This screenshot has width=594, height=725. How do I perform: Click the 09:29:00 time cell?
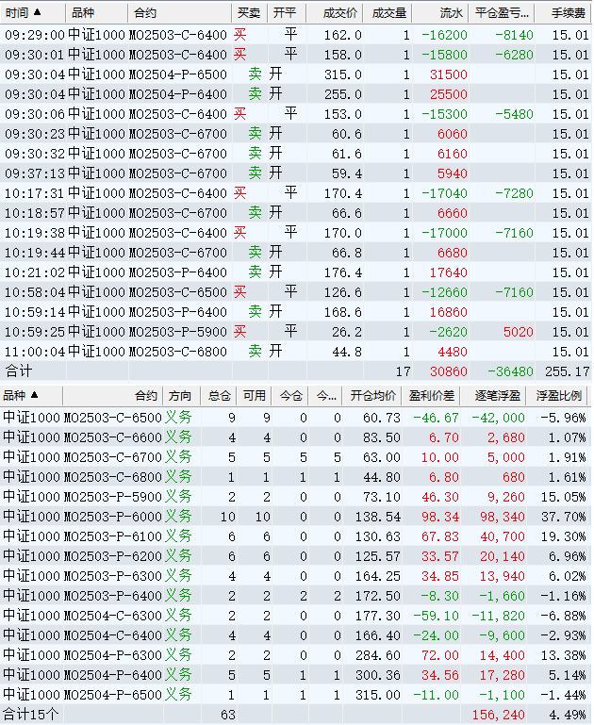coord(34,35)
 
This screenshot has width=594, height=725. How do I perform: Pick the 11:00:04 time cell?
coord(34,352)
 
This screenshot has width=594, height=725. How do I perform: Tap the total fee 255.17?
coord(568,371)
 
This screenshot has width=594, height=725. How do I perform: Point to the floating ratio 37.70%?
coord(565,517)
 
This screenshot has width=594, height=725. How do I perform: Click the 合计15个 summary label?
coord(30,714)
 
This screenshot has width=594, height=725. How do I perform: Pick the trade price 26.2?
coord(346,332)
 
